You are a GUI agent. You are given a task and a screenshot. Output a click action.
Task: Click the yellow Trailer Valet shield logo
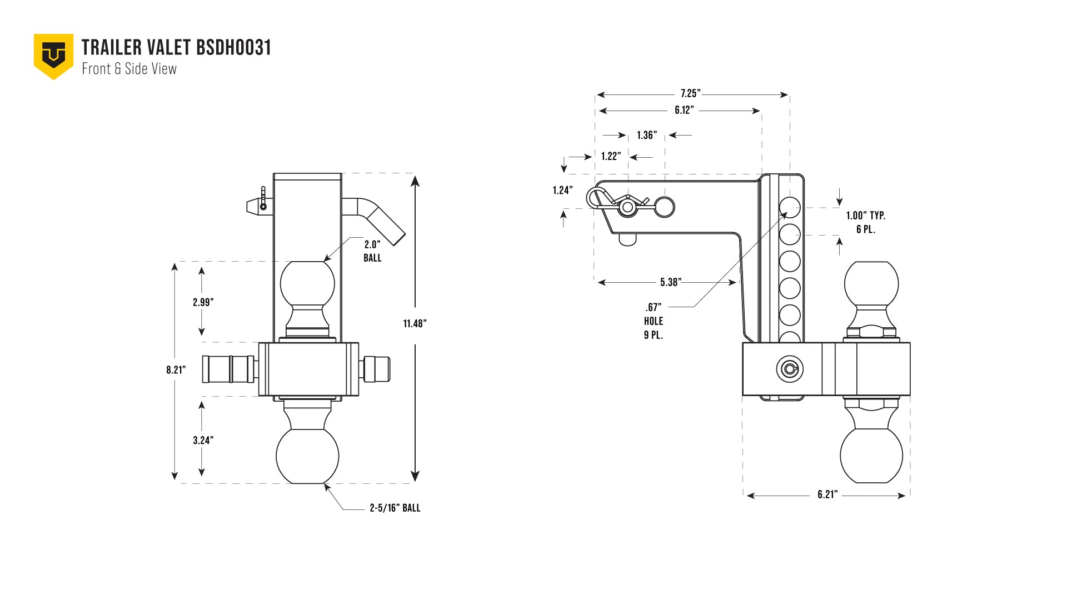click(53, 56)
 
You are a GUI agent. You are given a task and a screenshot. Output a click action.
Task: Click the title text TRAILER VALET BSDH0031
click(176, 48)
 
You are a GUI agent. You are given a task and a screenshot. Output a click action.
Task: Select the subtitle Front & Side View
click(129, 69)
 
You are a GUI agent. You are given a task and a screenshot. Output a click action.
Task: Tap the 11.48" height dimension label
click(415, 323)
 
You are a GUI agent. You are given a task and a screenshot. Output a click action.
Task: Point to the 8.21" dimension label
click(176, 370)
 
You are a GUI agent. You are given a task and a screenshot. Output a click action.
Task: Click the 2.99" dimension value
click(203, 302)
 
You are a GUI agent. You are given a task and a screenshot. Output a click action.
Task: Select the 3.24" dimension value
click(203, 441)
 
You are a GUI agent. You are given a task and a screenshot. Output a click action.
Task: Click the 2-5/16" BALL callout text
click(395, 508)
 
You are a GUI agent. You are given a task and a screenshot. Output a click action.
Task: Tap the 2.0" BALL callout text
click(372, 251)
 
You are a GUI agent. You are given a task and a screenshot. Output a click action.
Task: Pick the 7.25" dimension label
click(690, 93)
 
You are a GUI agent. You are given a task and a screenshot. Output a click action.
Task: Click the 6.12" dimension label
click(684, 110)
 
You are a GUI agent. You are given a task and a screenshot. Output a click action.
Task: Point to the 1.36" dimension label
click(647, 135)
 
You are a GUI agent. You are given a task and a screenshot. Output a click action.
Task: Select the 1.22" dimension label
click(611, 156)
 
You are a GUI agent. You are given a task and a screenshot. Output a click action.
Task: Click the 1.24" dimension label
click(562, 191)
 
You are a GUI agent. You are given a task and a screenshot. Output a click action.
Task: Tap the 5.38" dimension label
click(671, 282)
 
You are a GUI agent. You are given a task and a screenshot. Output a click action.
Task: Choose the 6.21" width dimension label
click(827, 494)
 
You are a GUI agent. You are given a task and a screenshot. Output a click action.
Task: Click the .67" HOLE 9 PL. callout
click(654, 321)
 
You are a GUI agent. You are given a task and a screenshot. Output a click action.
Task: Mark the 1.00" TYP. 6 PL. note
click(866, 222)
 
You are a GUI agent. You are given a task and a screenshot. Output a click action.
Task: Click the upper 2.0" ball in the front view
click(307, 283)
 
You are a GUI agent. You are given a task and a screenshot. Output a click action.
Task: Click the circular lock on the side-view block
click(790, 369)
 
